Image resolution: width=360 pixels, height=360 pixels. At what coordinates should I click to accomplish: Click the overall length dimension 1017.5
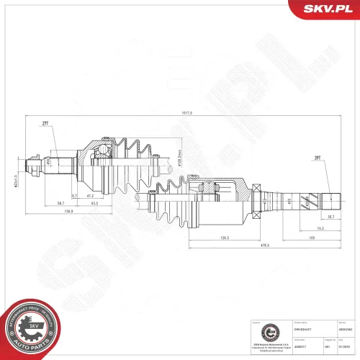tap(189, 113)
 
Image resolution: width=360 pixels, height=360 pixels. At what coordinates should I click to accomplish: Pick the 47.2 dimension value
tap(91, 195)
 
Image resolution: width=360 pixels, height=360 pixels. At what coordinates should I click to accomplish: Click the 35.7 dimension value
tap(330, 217)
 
